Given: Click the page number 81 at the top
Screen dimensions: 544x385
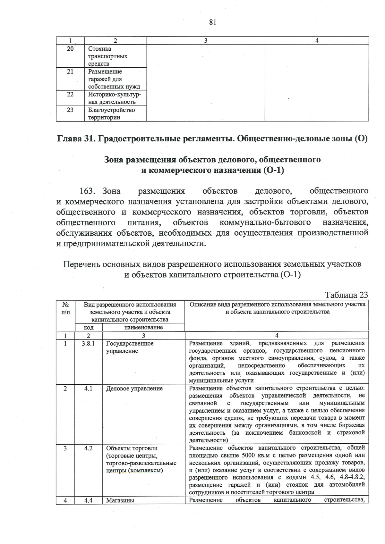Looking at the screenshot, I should coord(212,22).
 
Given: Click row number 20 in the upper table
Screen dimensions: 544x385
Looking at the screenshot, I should coord(70,49).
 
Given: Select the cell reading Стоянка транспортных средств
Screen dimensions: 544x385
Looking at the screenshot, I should coord(108,56).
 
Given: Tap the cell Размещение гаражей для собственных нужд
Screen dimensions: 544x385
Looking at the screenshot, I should coord(114,79).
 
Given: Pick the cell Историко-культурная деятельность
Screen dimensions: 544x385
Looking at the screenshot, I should coord(115,98).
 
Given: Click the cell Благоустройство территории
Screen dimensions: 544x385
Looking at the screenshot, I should coord(111,114).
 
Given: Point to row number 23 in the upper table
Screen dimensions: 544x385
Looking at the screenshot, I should coord(70,110).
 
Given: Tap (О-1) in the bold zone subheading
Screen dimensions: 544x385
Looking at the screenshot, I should coord(273,170).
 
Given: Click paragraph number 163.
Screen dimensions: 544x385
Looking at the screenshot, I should coord(86,191).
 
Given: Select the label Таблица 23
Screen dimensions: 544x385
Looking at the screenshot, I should coord(346,295).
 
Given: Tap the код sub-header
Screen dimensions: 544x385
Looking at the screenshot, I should coord(89,327).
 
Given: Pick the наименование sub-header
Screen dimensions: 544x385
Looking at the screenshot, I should coord(143,327).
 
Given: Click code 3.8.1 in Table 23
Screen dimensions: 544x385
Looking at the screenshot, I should coord(88,343).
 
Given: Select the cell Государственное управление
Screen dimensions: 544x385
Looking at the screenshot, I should coord(130,347).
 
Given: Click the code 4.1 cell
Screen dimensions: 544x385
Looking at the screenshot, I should coord(88,389).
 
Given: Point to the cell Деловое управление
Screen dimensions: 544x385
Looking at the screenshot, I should coord(134,389).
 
